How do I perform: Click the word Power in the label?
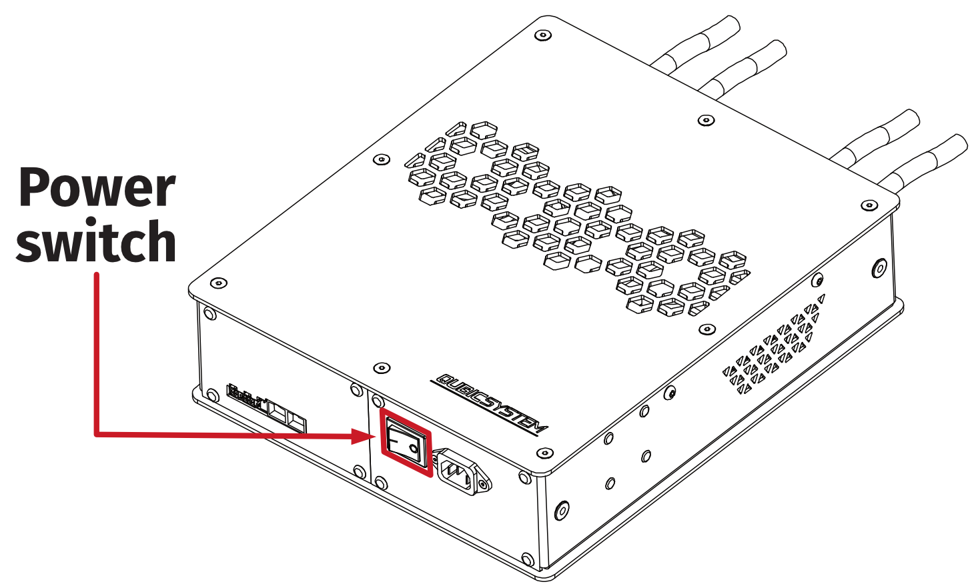pyautogui.click(x=97, y=188)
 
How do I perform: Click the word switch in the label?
pyautogui.click(x=97, y=242)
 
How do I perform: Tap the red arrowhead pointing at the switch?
pyautogui.click(x=364, y=437)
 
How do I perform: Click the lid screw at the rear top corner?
pyautogui.click(x=544, y=35)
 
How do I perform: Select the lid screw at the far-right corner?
pyautogui.click(x=869, y=205)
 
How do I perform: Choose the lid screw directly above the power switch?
pyautogui.click(x=381, y=368)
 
